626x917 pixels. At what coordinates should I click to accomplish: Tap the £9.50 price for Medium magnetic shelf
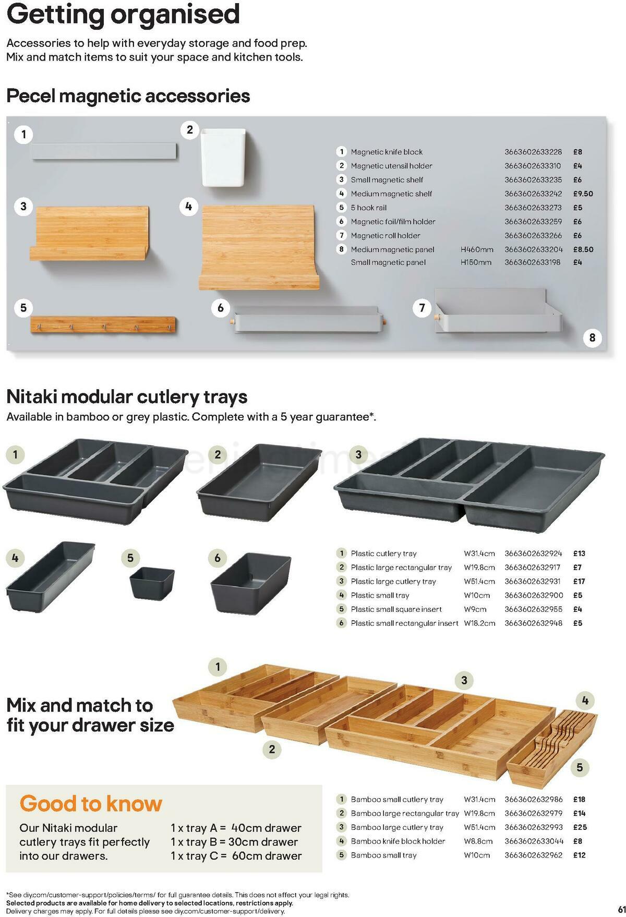583,194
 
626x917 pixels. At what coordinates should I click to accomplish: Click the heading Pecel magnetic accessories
128,96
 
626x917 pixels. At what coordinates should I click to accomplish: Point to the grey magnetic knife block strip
103,151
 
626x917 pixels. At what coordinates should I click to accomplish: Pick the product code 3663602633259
533,222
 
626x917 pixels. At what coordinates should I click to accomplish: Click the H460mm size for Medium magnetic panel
476,249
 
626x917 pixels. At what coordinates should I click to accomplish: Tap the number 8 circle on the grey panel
592,337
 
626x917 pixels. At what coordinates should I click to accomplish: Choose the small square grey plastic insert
151,583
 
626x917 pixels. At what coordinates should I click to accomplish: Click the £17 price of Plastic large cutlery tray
579,581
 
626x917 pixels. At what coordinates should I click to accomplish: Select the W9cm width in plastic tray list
475,609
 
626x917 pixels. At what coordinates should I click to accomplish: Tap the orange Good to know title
91,804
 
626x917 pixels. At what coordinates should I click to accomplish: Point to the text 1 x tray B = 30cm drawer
235,842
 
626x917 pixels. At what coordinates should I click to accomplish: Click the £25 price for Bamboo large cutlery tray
580,827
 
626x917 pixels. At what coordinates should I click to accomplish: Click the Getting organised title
123,15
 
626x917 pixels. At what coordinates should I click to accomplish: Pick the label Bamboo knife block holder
398,841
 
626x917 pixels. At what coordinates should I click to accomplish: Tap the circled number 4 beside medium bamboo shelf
188,207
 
